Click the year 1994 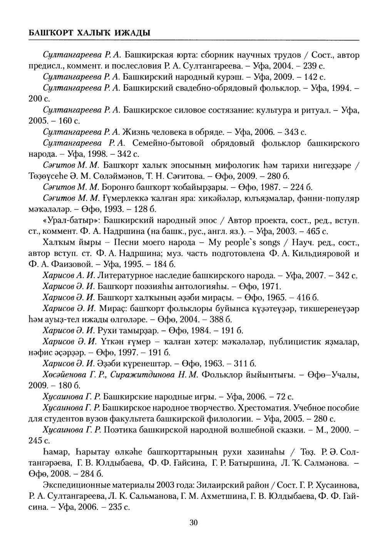point(338,88)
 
